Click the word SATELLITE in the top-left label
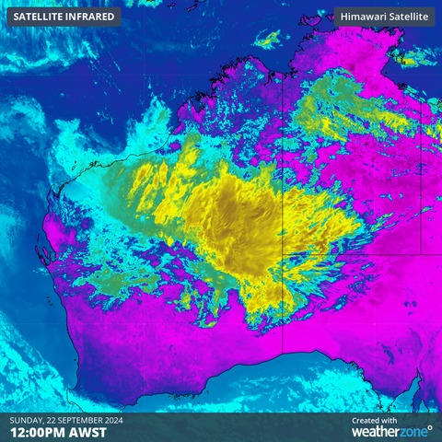40,17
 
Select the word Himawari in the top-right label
362,17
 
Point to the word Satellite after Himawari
406,17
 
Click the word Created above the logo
366,420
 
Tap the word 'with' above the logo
390,420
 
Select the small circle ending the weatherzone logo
429,427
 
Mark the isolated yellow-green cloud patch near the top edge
269,39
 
